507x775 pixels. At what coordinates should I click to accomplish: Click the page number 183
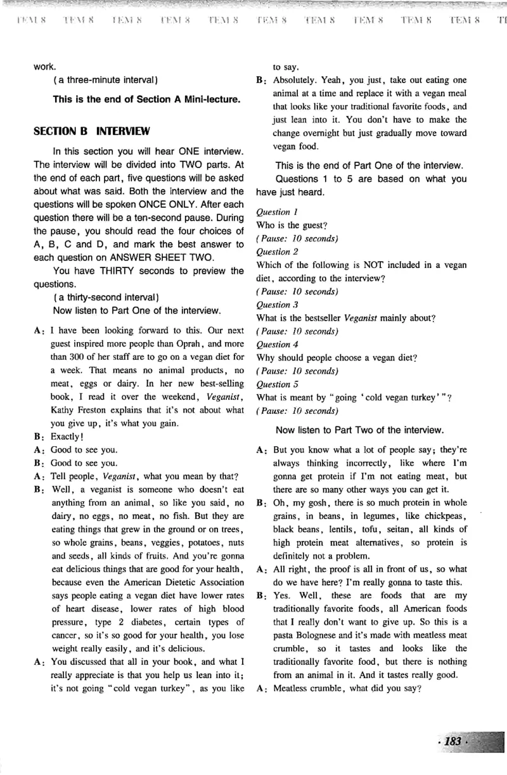point(454,741)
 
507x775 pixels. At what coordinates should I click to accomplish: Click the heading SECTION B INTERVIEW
point(91,132)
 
